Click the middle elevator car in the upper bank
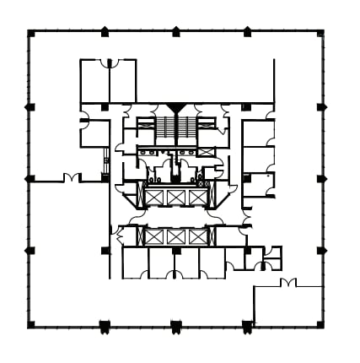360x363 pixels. [x=176, y=197]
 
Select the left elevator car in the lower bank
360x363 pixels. [x=154, y=236]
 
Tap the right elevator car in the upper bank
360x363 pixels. [x=198, y=197]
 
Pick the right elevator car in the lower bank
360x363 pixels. [x=198, y=236]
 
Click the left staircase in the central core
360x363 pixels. [x=164, y=129]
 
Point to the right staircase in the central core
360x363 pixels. [x=188, y=129]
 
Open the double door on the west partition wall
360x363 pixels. [x=72, y=178]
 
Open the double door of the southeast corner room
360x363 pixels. [x=287, y=283]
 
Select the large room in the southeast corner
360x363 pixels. [x=287, y=306]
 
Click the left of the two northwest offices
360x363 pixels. [x=94, y=82]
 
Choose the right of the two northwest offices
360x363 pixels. [x=122, y=82]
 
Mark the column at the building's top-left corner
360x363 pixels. [x=31, y=33]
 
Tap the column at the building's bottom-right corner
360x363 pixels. [x=320, y=324]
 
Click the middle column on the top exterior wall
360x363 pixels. [x=176, y=32]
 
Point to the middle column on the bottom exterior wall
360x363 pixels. [x=176, y=326]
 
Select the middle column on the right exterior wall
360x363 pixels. [x=321, y=179]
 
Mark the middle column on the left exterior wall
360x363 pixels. [x=30, y=179]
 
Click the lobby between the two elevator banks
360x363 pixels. [x=176, y=217]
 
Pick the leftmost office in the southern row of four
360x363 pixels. [x=135, y=263]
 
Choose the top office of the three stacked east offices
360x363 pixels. [x=258, y=133]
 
